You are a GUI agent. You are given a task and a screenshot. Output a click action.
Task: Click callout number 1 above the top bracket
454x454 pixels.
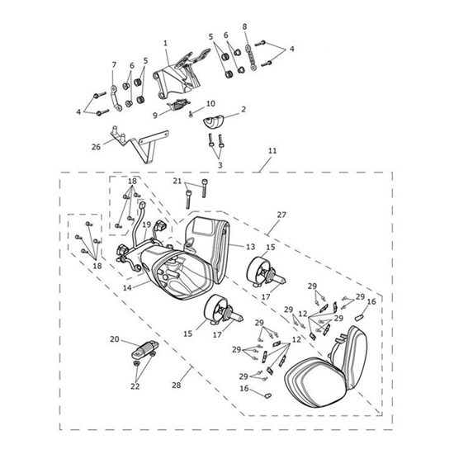[165, 42]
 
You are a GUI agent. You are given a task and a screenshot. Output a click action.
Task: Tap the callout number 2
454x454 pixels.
[244, 109]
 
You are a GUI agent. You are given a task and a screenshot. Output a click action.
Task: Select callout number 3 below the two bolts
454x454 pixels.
[219, 166]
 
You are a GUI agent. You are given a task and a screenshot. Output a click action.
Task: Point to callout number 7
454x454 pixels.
[115, 64]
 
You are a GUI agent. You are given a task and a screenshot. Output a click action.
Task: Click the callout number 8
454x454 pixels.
[245, 26]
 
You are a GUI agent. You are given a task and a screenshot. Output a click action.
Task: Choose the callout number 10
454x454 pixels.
[210, 103]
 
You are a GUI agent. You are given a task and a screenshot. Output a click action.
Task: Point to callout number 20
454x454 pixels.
[114, 339]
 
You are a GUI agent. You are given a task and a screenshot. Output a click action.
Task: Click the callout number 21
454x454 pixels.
[177, 181]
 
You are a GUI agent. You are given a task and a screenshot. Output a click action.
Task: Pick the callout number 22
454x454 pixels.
[135, 385]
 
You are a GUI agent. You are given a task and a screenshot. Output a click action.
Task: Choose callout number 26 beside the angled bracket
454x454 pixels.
[96, 147]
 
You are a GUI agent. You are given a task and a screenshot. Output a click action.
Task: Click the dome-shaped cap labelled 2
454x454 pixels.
[214, 121]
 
